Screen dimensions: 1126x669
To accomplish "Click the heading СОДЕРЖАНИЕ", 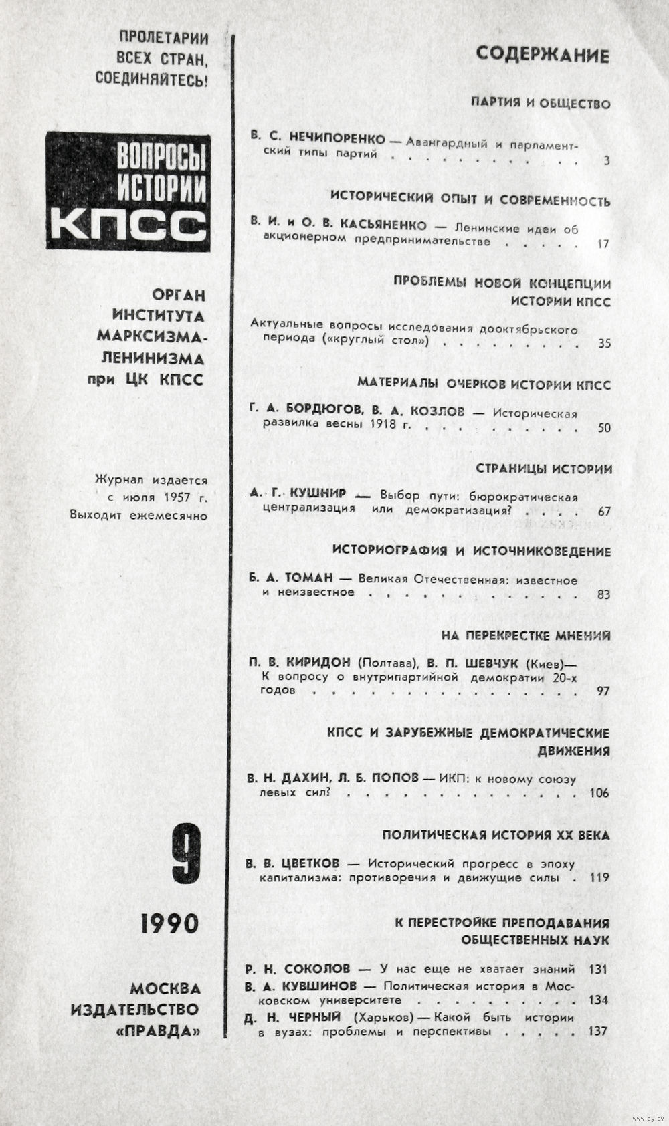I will click(x=543, y=55).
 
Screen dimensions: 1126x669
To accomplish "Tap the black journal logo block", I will click(x=128, y=191).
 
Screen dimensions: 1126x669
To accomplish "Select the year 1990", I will click(x=170, y=923).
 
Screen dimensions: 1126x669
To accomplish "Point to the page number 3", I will click(x=606, y=160).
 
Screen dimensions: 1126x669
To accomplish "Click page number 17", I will click(x=603, y=243).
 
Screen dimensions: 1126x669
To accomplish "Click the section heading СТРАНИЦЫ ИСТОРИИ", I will click(x=544, y=469).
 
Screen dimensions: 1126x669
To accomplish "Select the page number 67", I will click(x=604, y=512).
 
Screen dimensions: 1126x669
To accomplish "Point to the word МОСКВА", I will click(x=165, y=988).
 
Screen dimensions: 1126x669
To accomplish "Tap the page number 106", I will click(x=599, y=794).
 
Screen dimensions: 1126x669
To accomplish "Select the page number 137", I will click(x=597, y=1031).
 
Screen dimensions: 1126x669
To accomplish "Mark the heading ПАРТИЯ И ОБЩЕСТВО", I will click(x=541, y=104).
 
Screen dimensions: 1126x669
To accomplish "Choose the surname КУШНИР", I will click(x=318, y=494).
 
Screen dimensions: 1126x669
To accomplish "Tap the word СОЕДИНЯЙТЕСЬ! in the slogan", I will click(x=152, y=79).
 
